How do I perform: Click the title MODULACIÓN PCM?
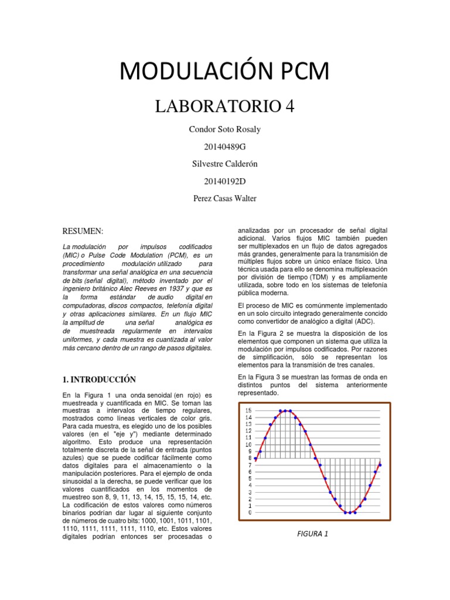tap(224, 71)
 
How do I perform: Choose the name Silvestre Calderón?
tap(225, 164)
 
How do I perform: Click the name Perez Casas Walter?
tap(225, 198)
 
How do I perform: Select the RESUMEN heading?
tap(83, 232)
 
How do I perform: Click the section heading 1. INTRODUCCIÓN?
tap(99, 379)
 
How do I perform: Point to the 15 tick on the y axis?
tap(248, 410)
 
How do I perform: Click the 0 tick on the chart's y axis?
tap(250, 513)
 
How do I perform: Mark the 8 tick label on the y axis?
tap(250, 458)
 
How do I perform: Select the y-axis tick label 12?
tap(248, 431)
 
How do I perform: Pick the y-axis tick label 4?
tap(250, 485)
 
